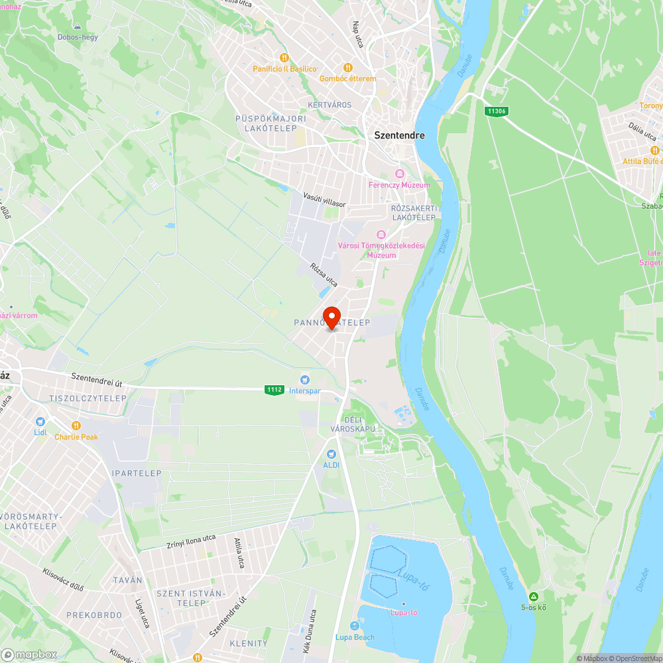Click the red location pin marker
click(x=331, y=316)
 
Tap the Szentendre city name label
click(x=399, y=135)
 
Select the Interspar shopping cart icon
click(x=305, y=380)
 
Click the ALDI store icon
click(x=331, y=453)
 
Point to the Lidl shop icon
click(x=40, y=421)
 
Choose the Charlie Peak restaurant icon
click(x=76, y=426)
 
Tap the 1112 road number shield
click(x=274, y=390)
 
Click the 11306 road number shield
click(x=496, y=111)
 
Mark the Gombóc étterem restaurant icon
click(x=347, y=67)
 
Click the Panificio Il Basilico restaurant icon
click(x=284, y=58)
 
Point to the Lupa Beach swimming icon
click(x=355, y=627)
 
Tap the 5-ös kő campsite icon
click(x=533, y=596)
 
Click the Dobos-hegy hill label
click(x=78, y=37)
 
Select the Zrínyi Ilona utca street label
click(x=191, y=542)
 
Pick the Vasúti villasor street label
click(x=324, y=200)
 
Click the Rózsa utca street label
click(x=324, y=275)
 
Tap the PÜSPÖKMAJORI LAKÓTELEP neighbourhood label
click(x=271, y=123)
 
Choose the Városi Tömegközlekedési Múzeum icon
click(x=381, y=235)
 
